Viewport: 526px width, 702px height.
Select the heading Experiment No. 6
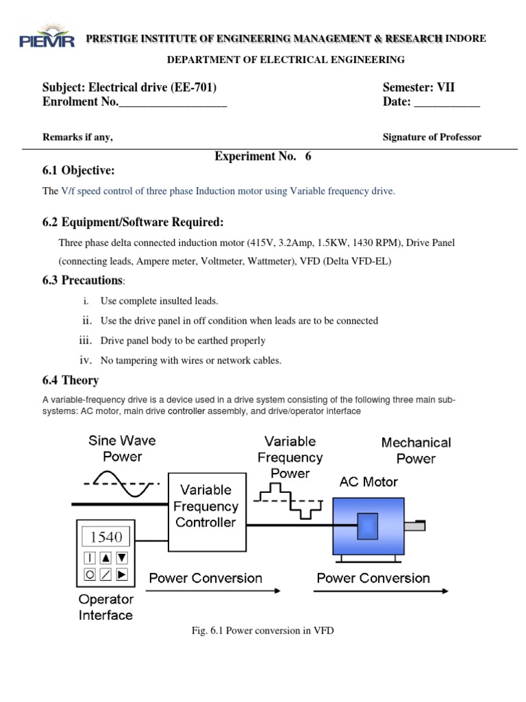click(x=263, y=156)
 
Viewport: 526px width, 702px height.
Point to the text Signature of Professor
click(x=431, y=137)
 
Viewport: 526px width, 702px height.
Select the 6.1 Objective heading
click(x=79, y=171)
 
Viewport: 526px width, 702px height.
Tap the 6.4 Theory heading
click(x=71, y=380)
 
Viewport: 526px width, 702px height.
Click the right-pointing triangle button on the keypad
click(x=122, y=573)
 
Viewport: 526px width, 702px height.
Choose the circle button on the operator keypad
click(x=90, y=573)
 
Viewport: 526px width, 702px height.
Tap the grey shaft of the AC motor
click(x=414, y=526)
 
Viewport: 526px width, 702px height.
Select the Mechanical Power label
click(x=416, y=450)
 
